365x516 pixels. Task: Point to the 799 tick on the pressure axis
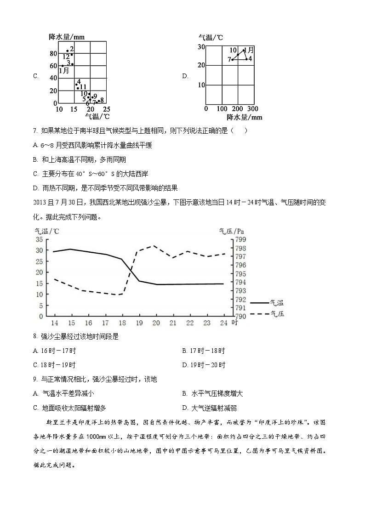(241, 239)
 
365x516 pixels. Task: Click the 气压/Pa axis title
(232, 231)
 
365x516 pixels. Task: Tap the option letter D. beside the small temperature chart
(185, 76)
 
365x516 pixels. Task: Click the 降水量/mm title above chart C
(67, 37)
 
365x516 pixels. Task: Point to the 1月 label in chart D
(249, 50)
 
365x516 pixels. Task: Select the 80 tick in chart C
(53, 54)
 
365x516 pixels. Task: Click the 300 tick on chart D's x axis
(253, 109)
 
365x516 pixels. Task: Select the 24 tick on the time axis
(224, 323)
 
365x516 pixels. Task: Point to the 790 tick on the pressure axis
(241, 316)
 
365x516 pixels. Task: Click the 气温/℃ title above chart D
(211, 37)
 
